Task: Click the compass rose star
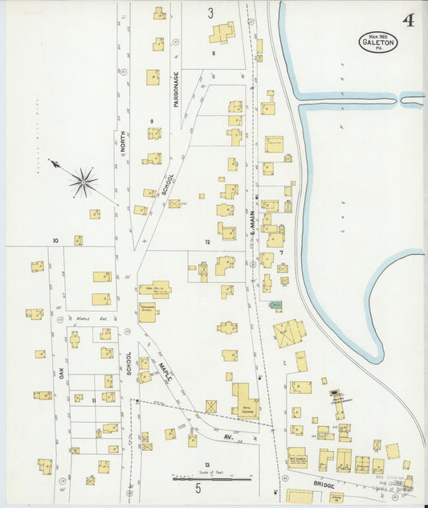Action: pos(83,182)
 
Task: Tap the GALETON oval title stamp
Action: pos(377,42)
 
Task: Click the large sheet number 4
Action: pos(408,20)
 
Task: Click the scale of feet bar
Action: pos(212,479)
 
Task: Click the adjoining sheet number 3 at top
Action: pos(211,13)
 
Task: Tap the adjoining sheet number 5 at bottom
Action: pos(198,487)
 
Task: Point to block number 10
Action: pos(56,240)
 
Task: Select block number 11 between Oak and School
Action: pos(94,399)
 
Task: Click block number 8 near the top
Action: pos(214,52)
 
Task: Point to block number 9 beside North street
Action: pos(150,121)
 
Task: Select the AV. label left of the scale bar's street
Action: pos(239,438)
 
